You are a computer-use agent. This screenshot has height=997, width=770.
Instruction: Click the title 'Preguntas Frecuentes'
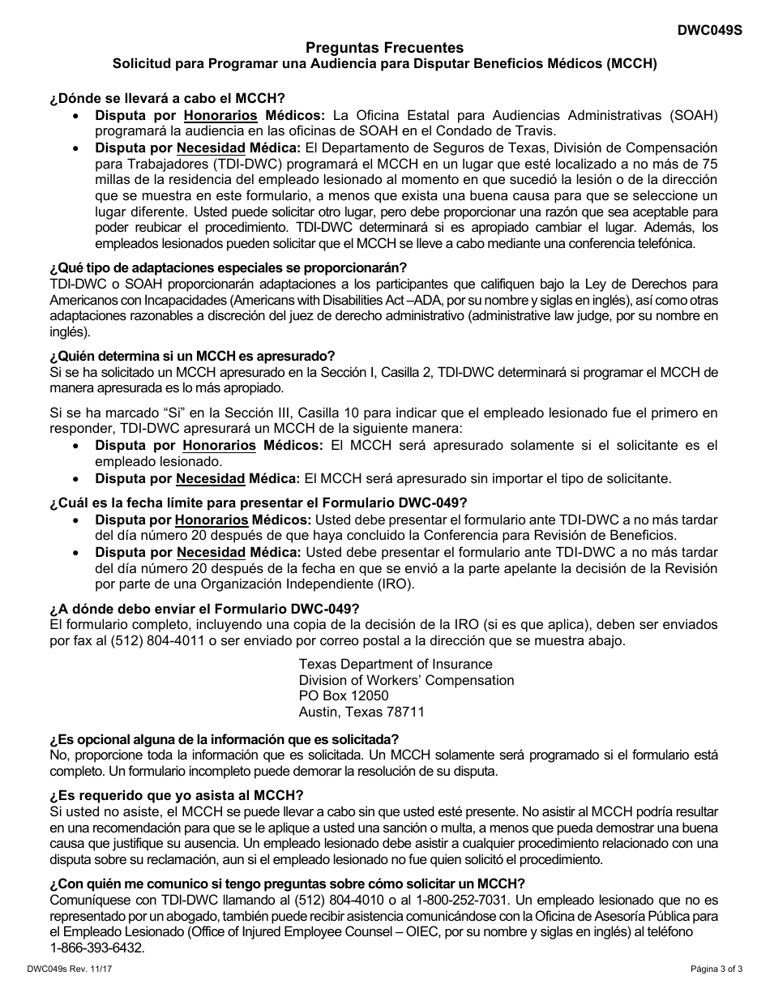[x=385, y=48]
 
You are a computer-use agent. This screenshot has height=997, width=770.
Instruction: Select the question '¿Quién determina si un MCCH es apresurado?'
[x=192, y=356]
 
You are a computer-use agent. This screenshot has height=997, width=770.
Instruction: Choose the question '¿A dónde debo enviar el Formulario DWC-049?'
[x=204, y=609]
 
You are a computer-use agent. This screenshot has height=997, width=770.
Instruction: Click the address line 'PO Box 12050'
[x=344, y=696]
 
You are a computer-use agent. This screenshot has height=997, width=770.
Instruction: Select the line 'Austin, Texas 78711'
[x=361, y=712]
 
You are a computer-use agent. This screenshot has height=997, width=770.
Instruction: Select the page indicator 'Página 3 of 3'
[x=711, y=968]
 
